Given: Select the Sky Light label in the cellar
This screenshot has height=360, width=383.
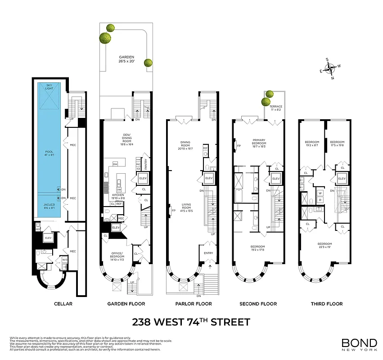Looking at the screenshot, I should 49,87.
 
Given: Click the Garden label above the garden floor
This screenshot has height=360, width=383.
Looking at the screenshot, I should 126,57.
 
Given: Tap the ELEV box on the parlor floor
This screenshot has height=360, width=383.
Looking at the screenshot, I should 209,179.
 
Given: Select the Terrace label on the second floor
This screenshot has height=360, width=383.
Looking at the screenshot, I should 276,107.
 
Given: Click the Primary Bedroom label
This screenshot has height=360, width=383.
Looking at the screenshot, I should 259,142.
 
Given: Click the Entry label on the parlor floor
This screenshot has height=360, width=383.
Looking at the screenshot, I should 209,253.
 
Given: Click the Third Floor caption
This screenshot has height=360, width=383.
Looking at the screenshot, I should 326,304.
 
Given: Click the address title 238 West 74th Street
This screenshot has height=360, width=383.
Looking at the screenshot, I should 191,322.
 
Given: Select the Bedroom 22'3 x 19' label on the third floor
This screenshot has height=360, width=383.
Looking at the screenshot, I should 324,245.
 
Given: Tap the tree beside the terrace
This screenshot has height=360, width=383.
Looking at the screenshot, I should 269,95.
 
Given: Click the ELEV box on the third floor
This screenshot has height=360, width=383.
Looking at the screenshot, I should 342,179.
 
